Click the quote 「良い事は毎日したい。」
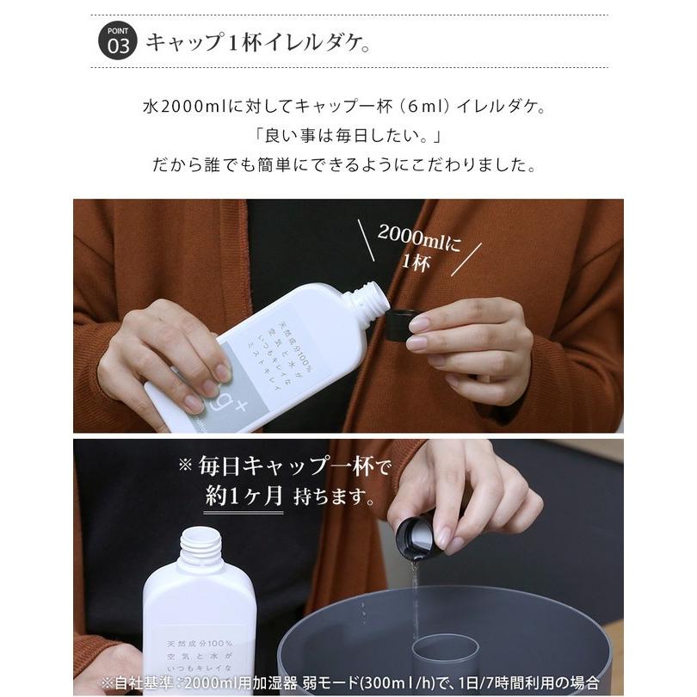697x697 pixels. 348,136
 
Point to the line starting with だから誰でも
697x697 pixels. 348,163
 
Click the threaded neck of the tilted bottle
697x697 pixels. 362,300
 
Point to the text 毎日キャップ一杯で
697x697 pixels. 284,467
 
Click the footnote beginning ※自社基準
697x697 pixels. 348,683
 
